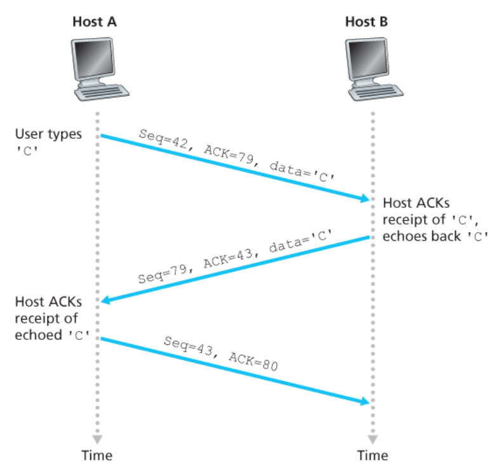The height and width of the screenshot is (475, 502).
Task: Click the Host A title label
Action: click(x=95, y=21)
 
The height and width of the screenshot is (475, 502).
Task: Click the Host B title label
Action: click(x=366, y=21)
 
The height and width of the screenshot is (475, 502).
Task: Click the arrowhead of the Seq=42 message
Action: click(x=365, y=199)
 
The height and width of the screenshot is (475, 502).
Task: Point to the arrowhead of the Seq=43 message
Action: click(x=365, y=401)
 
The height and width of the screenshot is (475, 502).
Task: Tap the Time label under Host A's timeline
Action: click(x=96, y=455)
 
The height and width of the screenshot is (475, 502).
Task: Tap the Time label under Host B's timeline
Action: click(x=372, y=455)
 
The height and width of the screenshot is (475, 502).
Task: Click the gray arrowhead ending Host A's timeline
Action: click(x=97, y=439)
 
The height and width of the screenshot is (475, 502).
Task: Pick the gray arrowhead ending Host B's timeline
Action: click(x=373, y=439)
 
